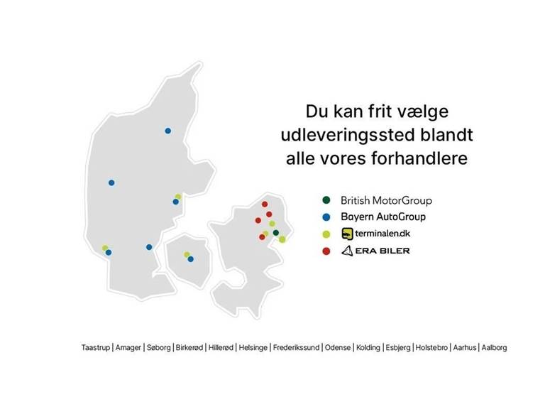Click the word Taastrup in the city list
[96, 347]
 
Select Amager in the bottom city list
[128, 347]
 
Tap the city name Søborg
[158, 347]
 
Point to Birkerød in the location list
[189, 347]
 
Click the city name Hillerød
[221, 347]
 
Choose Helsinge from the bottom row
[253, 347]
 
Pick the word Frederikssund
[296, 347]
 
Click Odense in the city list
[338, 347]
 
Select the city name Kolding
[368, 347]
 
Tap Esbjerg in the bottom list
[398, 347]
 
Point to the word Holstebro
[431, 347]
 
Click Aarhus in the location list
[465, 347]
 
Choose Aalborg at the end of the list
[494, 347]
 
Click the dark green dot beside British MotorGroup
[326, 200]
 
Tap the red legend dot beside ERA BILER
[326, 251]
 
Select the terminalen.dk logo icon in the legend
[347, 234]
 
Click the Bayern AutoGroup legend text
[383, 217]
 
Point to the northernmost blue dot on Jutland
[168, 131]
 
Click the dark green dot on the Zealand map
[276, 233]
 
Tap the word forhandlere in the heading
[419, 158]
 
